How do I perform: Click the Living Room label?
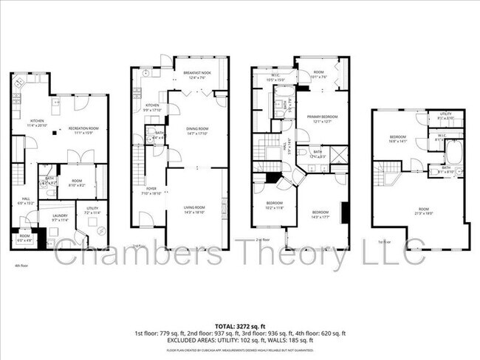tap(197, 210)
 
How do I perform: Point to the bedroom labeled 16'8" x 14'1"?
tap(400, 139)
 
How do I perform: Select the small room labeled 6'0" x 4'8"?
tap(24, 237)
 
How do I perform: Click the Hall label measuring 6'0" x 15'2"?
tap(25, 201)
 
